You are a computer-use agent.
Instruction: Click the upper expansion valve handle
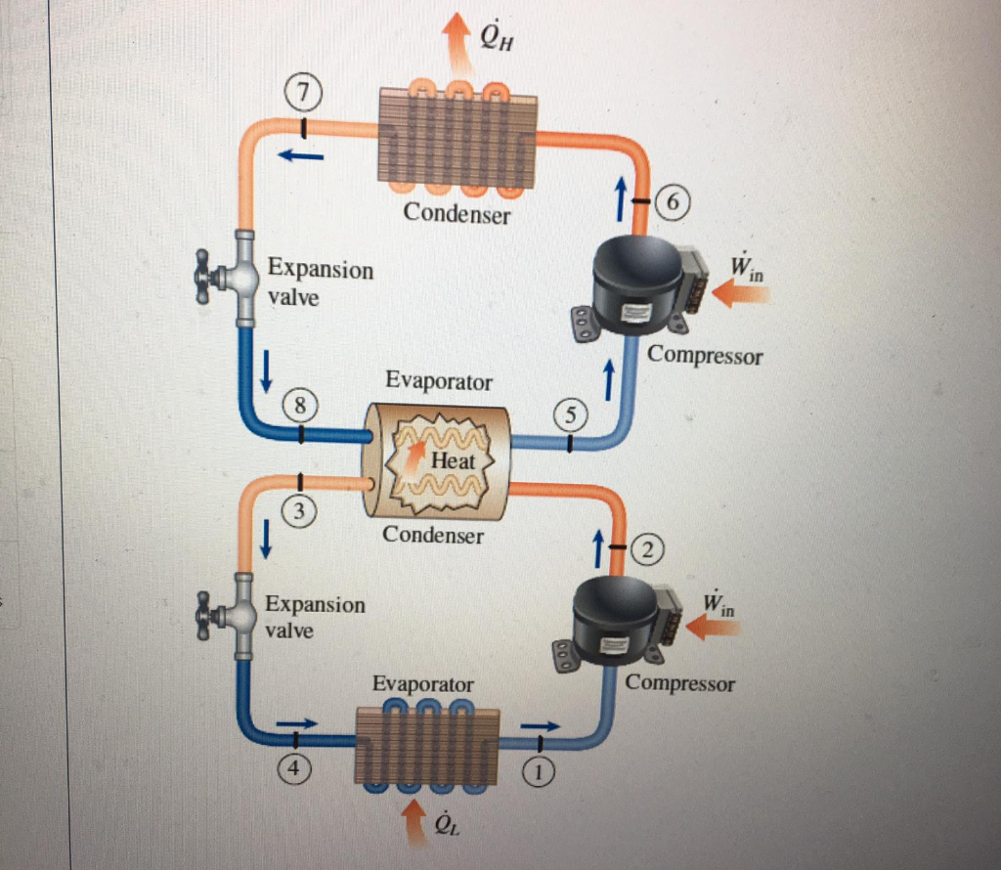(205, 279)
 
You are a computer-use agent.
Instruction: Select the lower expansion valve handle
(203, 615)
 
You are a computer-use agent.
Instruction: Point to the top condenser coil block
(457, 139)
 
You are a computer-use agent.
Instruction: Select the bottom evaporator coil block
(426, 745)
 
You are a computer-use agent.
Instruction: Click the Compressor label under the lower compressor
(679, 682)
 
